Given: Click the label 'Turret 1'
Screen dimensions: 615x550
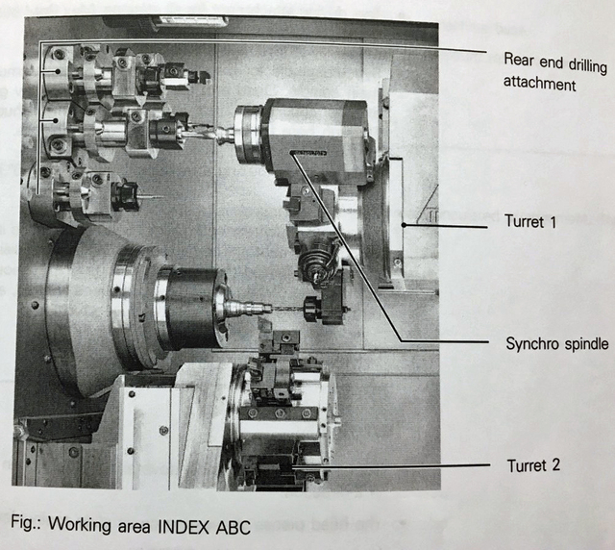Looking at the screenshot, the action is (530, 221).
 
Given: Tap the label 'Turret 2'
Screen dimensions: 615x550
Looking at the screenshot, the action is (533, 465).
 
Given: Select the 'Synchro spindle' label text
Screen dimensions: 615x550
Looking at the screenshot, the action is (557, 344).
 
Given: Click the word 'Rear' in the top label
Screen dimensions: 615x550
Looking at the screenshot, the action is (519, 60).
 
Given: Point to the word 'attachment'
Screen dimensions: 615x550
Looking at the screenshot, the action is (540, 84).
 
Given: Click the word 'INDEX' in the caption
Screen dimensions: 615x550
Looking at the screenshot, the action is (184, 527).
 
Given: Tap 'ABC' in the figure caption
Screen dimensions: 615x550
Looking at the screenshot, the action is (233, 527).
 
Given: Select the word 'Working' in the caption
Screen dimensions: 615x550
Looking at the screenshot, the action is (80, 525).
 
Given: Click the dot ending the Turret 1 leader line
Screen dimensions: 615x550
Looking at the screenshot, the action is (404, 225).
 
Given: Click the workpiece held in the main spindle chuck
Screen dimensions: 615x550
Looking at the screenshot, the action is (242, 307).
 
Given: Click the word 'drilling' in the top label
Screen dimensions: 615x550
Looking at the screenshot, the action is (582, 64).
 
